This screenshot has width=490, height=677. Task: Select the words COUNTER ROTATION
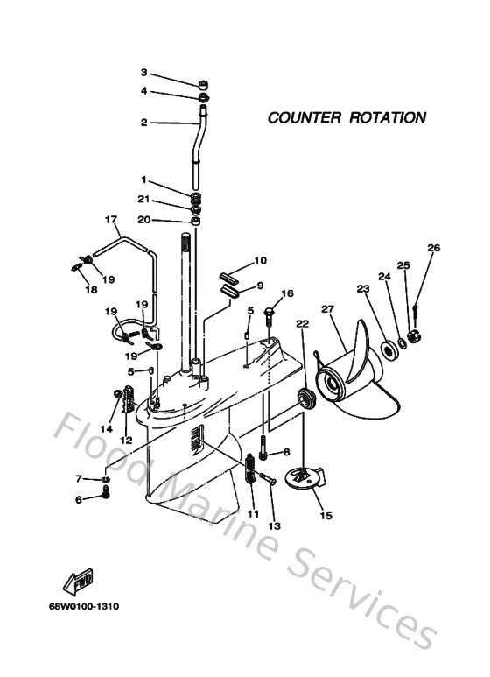[346, 117]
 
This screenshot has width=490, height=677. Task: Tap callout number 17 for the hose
[111, 218]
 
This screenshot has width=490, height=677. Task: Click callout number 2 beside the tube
[144, 123]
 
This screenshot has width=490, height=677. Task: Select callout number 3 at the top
[144, 73]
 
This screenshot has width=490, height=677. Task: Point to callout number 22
[302, 324]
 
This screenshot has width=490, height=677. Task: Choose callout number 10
[260, 260]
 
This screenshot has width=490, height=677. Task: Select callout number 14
[106, 428]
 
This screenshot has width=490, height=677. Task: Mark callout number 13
[275, 526]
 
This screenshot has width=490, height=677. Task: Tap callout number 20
[143, 219]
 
